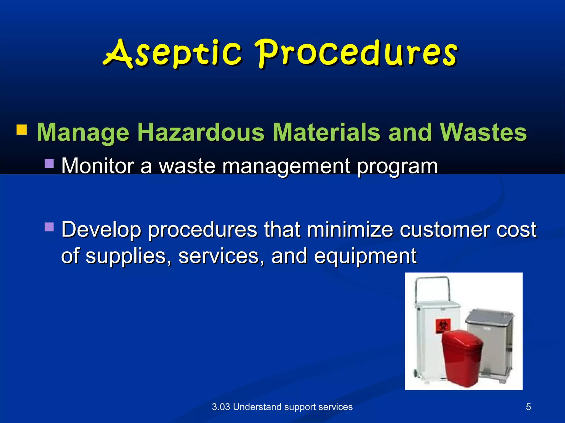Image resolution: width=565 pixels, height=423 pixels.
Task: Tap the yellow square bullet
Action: point(22,130)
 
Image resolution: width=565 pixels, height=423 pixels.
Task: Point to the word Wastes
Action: point(483,132)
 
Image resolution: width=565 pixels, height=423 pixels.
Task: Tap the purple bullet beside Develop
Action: point(49,227)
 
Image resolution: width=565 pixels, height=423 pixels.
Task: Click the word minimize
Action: point(350,229)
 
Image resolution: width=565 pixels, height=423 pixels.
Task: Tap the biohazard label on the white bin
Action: point(443,326)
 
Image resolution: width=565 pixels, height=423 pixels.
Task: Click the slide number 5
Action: point(528,407)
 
